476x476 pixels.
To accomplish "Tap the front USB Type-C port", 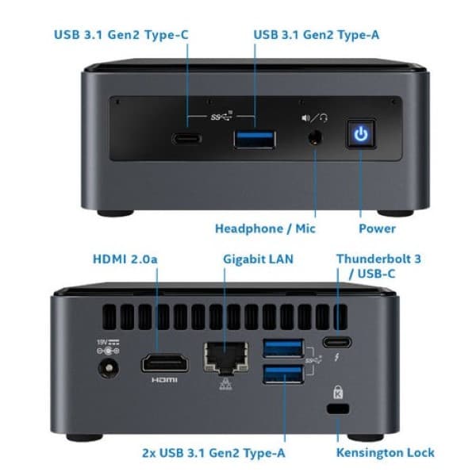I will pos(187,139).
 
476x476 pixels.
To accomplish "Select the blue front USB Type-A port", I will pos(255,139).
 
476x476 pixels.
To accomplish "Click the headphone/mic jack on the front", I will pos(316,136).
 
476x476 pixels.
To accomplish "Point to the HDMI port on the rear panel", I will pos(164,364).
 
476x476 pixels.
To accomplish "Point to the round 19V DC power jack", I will pos(106,367).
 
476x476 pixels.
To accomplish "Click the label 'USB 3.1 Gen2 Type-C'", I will pos(121,34).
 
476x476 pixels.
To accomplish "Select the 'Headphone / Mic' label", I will pos(265,228).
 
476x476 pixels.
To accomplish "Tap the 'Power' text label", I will pos(378,228).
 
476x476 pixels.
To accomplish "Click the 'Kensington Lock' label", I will pos(386,452).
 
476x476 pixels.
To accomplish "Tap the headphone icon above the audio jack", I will pos(324,117).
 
